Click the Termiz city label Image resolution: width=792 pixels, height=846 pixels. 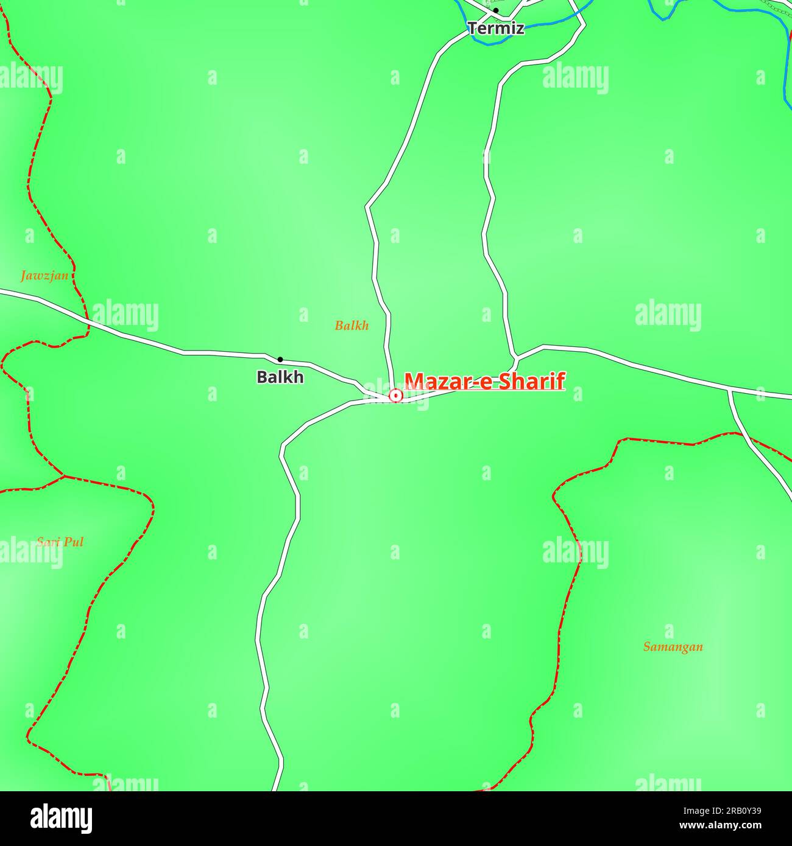(495, 28)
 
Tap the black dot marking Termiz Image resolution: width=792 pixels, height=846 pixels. (496, 10)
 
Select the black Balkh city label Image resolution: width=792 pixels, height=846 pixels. (280, 377)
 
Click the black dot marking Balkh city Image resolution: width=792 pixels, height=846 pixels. (280, 359)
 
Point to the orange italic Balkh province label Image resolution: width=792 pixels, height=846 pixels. (352, 326)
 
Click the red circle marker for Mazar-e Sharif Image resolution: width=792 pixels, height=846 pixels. (396, 396)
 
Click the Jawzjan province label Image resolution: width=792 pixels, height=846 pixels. (44, 276)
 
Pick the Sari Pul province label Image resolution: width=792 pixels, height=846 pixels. (60, 542)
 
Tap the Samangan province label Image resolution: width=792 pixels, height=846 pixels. (673, 647)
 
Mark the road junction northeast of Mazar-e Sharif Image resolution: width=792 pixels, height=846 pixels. (516, 355)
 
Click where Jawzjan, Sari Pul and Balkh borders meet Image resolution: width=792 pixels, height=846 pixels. (64, 476)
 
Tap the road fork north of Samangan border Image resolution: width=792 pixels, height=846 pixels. (729, 390)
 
